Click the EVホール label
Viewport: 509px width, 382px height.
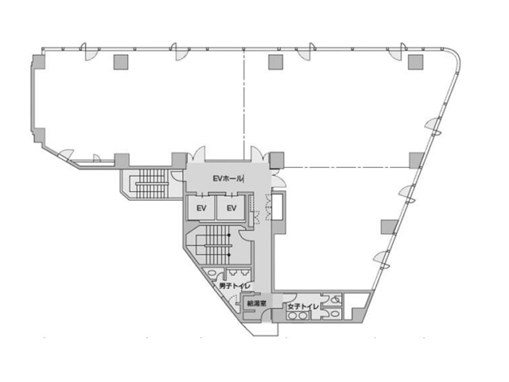pyautogui.click(x=227, y=179)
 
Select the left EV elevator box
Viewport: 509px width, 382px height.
pyautogui.click(x=201, y=209)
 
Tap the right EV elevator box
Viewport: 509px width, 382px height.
pyautogui.click(x=231, y=209)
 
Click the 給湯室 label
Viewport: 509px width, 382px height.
pyautogui.click(x=256, y=303)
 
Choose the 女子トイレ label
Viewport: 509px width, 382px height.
pyautogui.click(x=303, y=306)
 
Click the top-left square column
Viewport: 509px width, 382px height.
pyautogui.click(x=120, y=61)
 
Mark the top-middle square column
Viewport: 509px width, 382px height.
pyautogui.click(x=276, y=61)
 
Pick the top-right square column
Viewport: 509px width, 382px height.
pyautogui.click(x=414, y=61)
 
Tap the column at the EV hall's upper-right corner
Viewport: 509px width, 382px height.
pyautogui.click(x=276, y=159)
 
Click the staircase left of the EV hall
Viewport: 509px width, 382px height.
pyautogui.click(x=148, y=182)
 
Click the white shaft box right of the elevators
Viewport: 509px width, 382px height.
pyautogui.click(x=278, y=207)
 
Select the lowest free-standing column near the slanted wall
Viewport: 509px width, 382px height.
pyautogui.click(x=388, y=225)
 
